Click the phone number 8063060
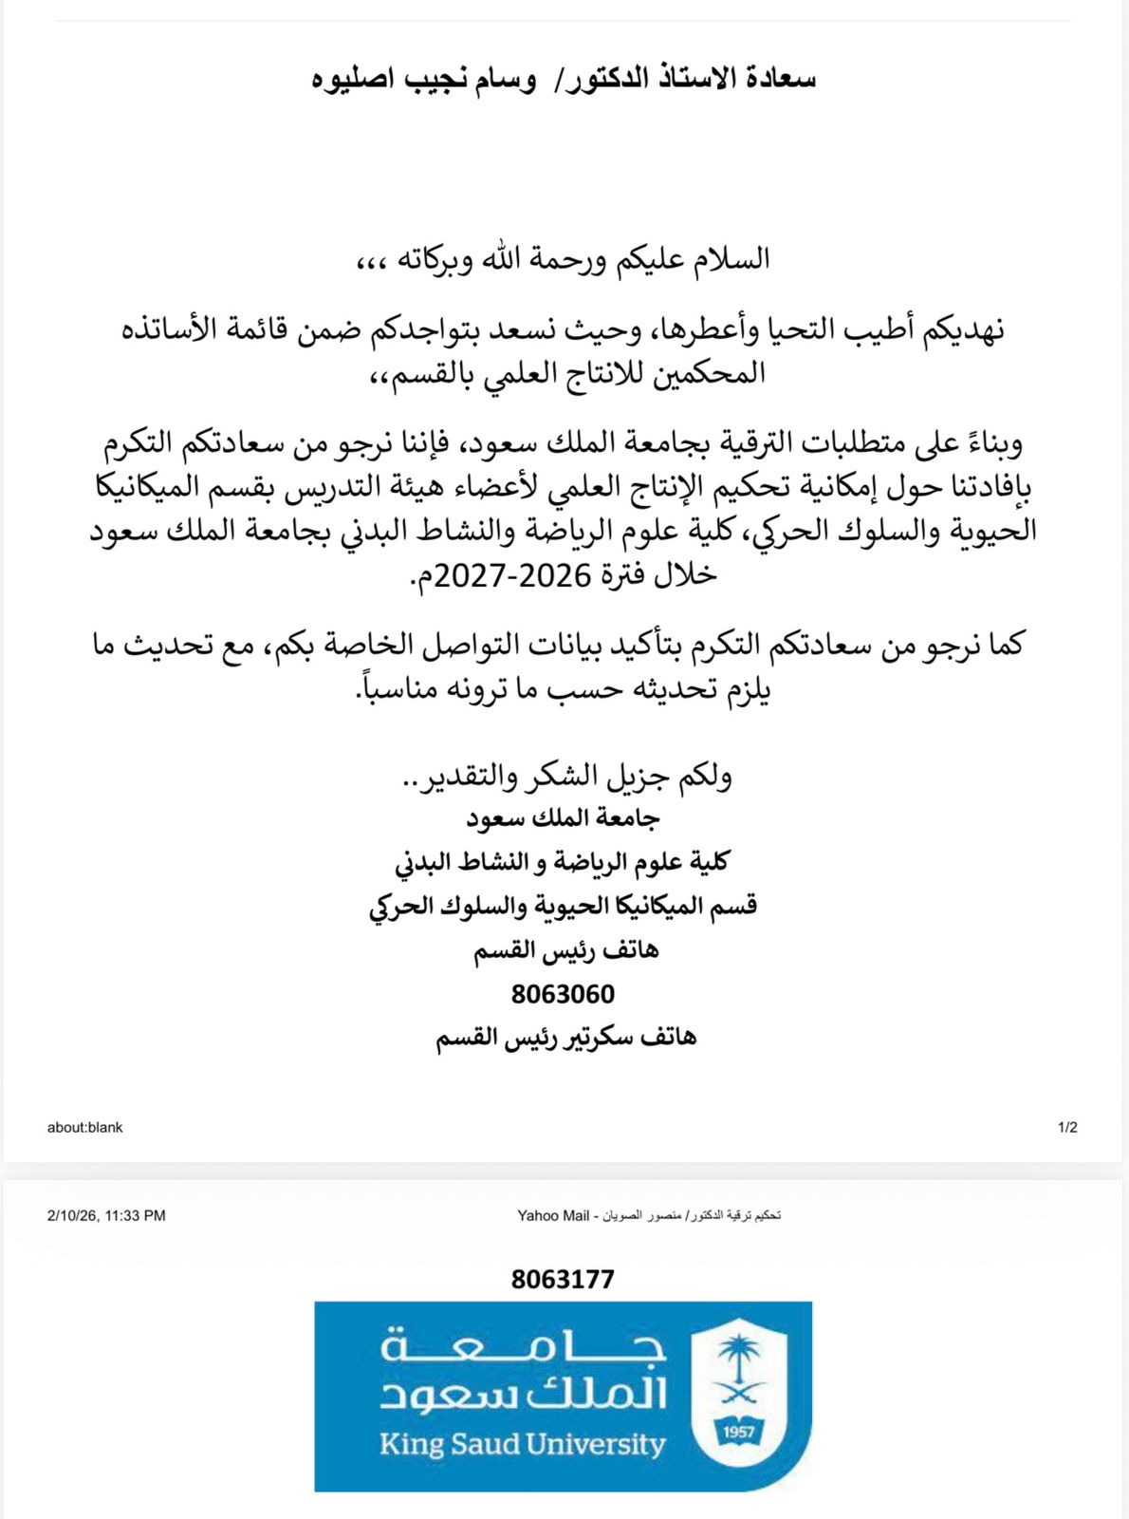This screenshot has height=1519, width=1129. [x=563, y=994]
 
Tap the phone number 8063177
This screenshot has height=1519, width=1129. [x=563, y=1279]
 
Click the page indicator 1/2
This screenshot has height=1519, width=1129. [x=1067, y=1128]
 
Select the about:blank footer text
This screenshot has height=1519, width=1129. [x=85, y=1128]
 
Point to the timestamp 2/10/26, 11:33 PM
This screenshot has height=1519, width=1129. [x=106, y=1215]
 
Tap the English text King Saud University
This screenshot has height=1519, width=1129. [x=522, y=1445]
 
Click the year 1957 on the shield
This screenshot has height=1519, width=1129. [x=739, y=1432]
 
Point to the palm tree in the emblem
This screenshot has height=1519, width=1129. [x=740, y=1357]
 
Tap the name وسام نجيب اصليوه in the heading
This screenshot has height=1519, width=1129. [x=424, y=79]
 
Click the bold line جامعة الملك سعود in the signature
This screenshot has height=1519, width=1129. [x=563, y=818]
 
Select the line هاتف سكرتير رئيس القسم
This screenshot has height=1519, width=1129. [x=565, y=1038]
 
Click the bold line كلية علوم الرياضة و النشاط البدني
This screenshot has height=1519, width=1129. [x=563, y=862]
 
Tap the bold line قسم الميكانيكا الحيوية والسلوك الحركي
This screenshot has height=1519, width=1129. [x=563, y=906]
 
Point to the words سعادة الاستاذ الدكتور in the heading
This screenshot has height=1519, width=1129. [x=692, y=79]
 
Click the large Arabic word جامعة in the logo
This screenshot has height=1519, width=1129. [x=523, y=1345]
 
